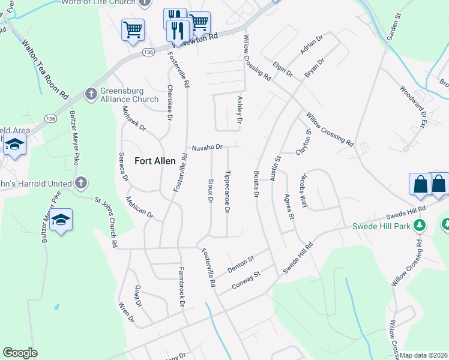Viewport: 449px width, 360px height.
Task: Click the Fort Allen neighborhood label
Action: click(155, 161)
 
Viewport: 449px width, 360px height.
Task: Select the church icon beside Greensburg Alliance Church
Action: click(91, 94)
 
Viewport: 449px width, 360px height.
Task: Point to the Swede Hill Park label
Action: click(382, 226)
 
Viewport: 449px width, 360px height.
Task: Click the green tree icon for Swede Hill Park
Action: click(420, 226)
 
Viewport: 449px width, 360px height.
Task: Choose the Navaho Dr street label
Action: click(207, 147)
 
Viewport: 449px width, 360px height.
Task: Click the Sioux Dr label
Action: click(211, 190)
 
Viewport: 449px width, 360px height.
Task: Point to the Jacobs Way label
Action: click(303, 190)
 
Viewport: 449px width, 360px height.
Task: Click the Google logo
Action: click(20, 353)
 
